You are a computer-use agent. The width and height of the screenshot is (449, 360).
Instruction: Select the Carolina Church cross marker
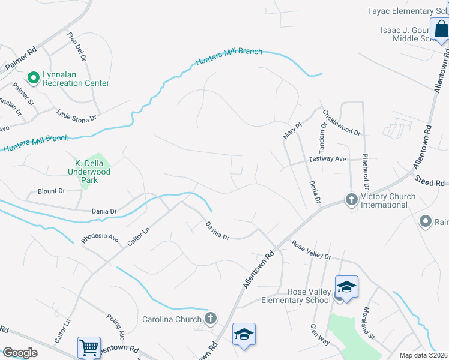[210, 318]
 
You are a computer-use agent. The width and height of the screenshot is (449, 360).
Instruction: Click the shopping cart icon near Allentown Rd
[89, 346]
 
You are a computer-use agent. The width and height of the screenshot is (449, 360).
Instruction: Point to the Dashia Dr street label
[218, 230]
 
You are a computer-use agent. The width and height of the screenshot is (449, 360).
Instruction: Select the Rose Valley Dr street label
[311, 249]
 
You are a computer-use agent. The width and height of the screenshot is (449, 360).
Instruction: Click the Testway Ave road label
[327, 159]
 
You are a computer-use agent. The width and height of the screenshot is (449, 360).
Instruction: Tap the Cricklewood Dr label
[341, 122]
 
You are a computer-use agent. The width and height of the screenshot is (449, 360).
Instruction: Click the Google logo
[20, 352]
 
